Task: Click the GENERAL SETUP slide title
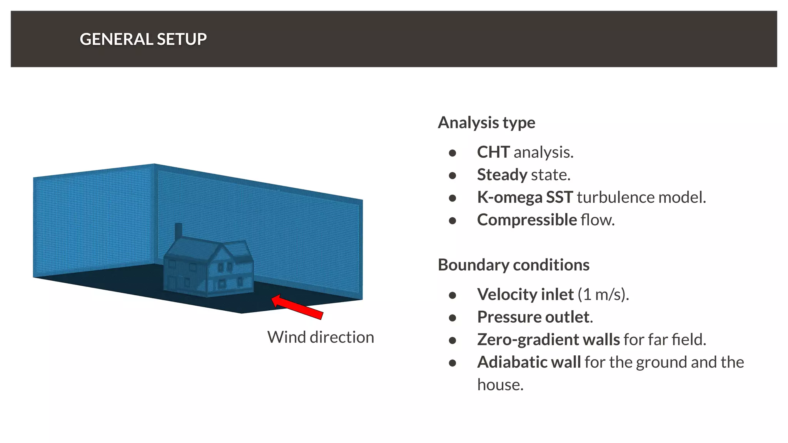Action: (143, 39)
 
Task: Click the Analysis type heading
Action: (486, 123)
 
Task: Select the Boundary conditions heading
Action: (513, 265)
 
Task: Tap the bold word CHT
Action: (493, 152)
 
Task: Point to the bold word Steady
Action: (502, 175)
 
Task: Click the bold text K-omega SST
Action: (525, 197)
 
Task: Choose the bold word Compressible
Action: (527, 220)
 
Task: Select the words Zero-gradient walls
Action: (548, 340)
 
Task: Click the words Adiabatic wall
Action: (529, 362)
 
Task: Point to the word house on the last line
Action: (500, 385)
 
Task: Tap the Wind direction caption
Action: (321, 337)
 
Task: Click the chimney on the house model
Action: (179, 231)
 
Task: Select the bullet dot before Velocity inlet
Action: (452, 295)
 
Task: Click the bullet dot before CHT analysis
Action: (452, 153)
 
